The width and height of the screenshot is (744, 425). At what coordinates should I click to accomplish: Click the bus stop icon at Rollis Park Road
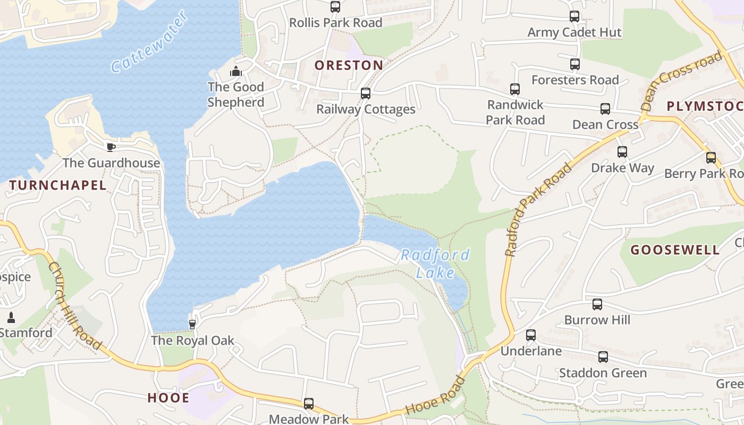click(335, 7)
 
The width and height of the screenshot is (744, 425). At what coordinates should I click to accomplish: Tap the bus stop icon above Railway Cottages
click(365, 93)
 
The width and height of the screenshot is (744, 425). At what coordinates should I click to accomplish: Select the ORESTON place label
click(349, 65)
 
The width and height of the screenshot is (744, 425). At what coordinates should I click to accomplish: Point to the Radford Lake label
click(435, 264)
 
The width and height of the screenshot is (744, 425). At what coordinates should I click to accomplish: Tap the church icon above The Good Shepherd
click(236, 71)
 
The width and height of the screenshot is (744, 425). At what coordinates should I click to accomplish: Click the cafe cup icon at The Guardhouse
click(111, 147)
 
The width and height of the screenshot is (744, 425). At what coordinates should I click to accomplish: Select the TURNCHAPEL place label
click(58, 185)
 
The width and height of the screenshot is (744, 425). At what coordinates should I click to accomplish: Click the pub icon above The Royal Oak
click(192, 324)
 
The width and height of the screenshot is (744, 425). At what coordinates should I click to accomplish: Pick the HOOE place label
click(168, 398)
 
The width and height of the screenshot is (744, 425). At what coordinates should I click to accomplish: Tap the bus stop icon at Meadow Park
click(309, 404)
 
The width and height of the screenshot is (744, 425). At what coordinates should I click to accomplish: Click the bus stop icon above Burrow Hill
click(597, 304)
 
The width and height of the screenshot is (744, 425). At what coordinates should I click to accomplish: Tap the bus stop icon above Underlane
click(531, 335)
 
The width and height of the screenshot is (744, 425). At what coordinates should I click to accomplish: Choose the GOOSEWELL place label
click(675, 250)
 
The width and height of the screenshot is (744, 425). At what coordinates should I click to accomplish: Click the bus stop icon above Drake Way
click(622, 152)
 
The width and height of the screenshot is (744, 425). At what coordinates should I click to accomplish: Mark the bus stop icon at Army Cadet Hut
click(574, 16)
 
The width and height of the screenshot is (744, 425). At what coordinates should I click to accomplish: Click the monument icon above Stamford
click(11, 318)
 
